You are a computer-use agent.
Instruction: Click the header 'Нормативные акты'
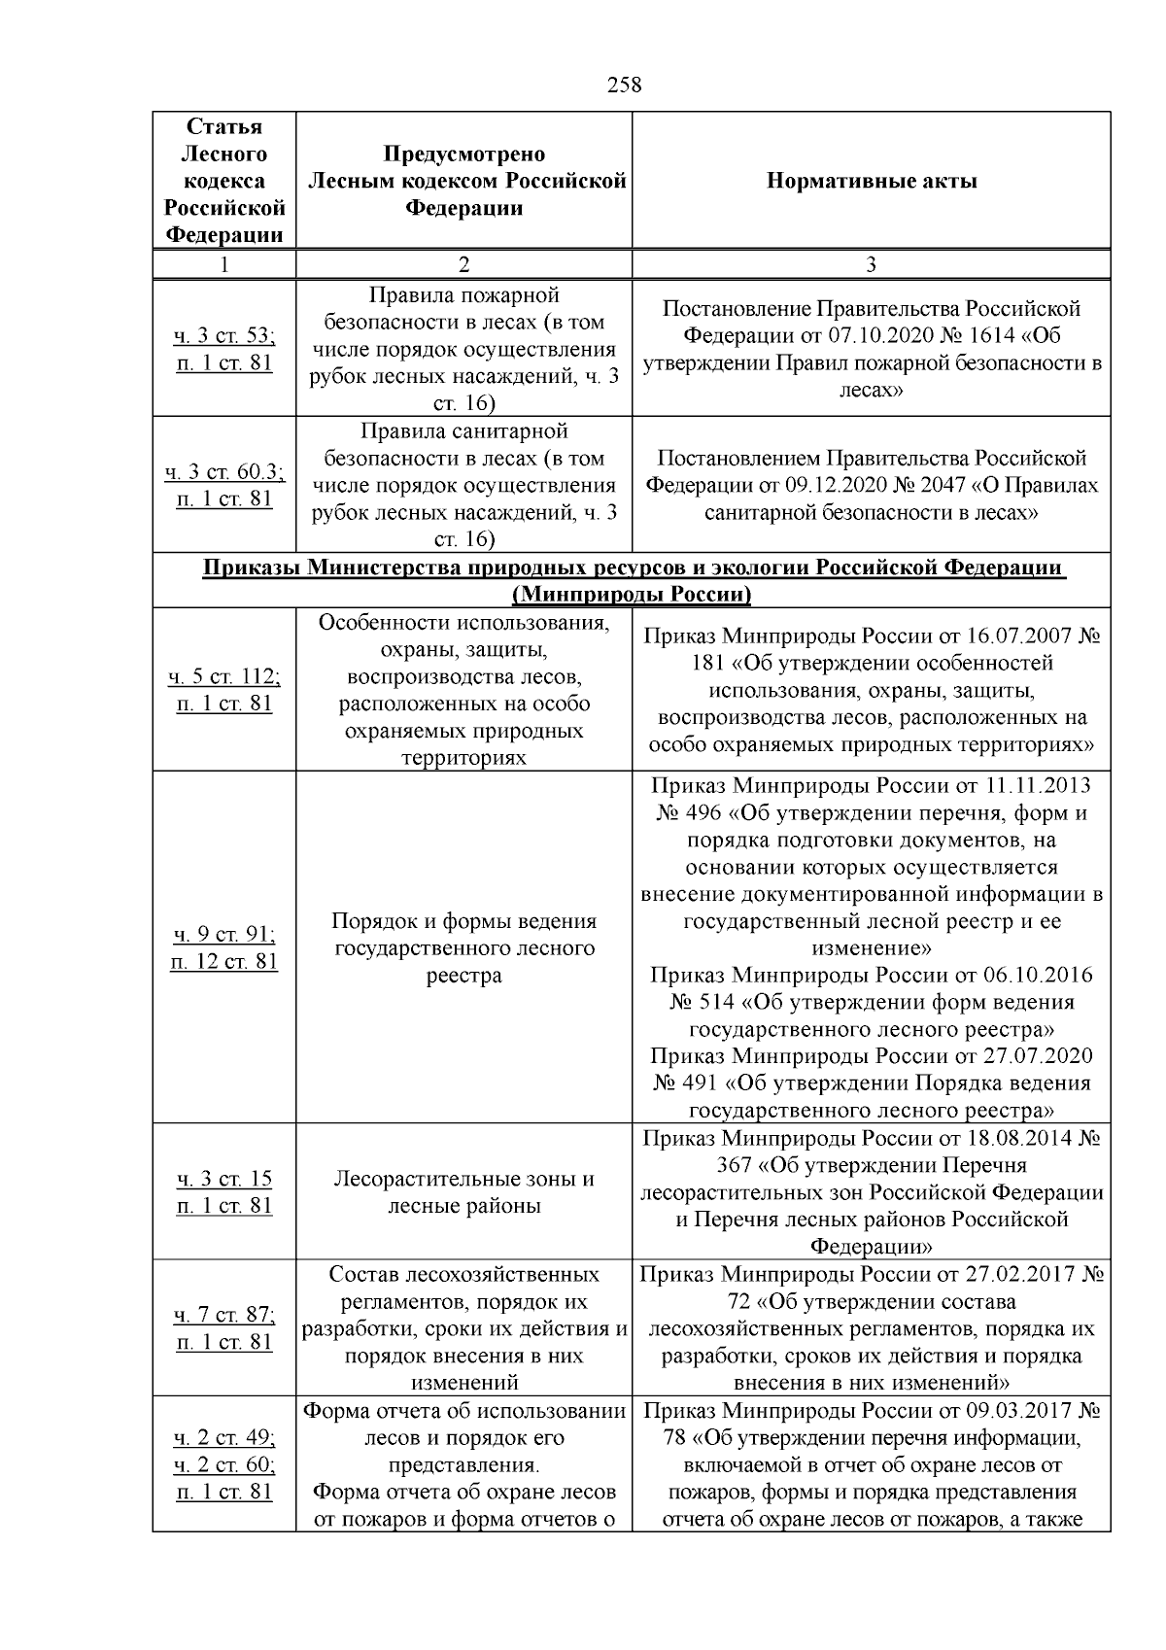coord(872,181)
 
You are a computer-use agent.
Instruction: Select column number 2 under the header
coord(463,264)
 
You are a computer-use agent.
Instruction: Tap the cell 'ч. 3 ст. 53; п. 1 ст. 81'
coord(224,350)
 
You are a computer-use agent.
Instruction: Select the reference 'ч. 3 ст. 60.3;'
coord(224,472)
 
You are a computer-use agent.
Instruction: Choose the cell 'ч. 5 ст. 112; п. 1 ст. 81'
coord(224,690)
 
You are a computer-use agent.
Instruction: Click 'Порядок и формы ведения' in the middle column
coord(463,920)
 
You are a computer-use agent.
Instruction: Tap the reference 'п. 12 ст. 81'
coord(224,962)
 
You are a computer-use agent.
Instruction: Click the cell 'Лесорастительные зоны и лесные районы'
coord(463,1192)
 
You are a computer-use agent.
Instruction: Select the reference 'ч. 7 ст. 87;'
coord(224,1315)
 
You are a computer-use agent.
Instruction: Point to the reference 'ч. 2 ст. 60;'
coord(224,1464)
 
